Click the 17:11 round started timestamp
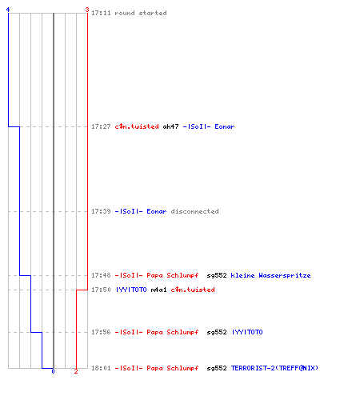pyautogui.click(x=101, y=13)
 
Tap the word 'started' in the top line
pyautogui.click(x=153, y=13)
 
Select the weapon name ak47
pyautogui.click(x=170, y=126)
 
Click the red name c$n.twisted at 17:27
pyautogui.click(x=137, y=126)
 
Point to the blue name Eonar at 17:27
pyautogui.click(x=225, y=126)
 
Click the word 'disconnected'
pyautogui.click(x=194, y=211)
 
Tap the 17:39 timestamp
pyautogui.click(x=101, y=211)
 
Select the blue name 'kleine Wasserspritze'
pyautogui.click(x=270, y=275)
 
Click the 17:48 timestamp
pyautogui.click(x=101, y=275)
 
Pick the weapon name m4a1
pyautogui.click(x=158, y=290)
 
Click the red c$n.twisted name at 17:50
pyautogui.click(x=193, y=290)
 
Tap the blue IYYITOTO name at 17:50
pyautogui.click(x=131, y=290)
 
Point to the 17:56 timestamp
pyautogui.click(x=101, y=332)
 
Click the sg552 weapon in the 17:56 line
pyautogui.click(x=217, y=332)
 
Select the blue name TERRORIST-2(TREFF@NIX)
pyautogui.click(x=274, y=368)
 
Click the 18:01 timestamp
pyautogui.click(x=101, y=368)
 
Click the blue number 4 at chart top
pyautogui.click(x=8, y=10)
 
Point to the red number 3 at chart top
pyautogui.click(x=87, y=10)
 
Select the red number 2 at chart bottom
pyautogui.click(x=76, y=371)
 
